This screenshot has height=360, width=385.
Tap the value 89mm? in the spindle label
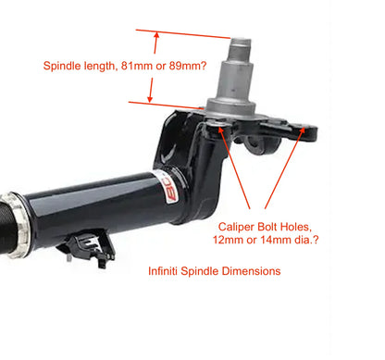click(x=188, y=66)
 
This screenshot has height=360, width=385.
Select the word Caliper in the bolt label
click(x=236, y=227)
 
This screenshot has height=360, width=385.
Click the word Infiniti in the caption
click(x=163, y=271)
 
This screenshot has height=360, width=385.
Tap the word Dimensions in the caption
click(x=251, y=271)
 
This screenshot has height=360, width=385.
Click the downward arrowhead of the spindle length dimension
click(x=150, y=99)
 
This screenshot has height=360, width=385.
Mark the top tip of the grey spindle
click(x=241, y=40)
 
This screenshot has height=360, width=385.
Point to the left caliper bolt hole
click(x=217, y=124)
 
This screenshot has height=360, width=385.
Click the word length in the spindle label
click(x=99, y=67)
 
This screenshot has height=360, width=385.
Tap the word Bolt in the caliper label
click(x=267, y=227)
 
